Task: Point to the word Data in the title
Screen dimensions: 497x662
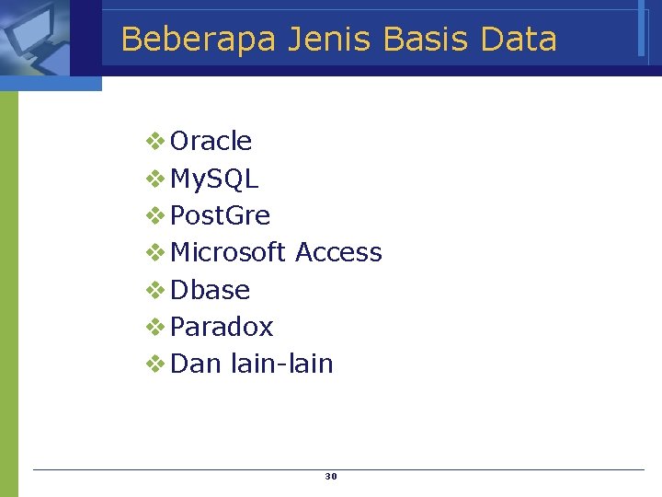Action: [x=519, y=40]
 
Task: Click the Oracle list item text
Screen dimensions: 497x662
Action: [x=211, y=141]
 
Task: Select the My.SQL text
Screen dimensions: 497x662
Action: [x=214, y=179]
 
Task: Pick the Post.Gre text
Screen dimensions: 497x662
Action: [x=221, y=215]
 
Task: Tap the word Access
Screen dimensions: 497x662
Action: [x=338, y=252]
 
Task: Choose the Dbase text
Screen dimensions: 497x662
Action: [x=211, y=290]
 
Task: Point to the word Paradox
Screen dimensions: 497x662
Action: [x=222, y=327]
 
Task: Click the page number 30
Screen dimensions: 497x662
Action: [x=331, y=477]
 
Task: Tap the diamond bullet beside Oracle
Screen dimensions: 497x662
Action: [x=155, y=141]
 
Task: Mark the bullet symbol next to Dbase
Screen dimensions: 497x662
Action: [x=155, y=290]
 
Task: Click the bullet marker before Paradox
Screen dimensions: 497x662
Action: [x=155, y=327]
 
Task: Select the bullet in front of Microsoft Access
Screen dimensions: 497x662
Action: [x=155, y=252]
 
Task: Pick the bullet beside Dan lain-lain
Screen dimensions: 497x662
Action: [x=155, y=364]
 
